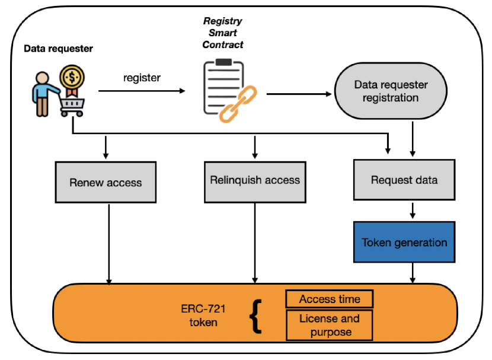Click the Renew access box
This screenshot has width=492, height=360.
tap(106, 182)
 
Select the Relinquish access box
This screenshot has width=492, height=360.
tap(255, 180)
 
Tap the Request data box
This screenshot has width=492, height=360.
tap(404, 179)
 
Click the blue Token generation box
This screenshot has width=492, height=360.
tap(404, 242)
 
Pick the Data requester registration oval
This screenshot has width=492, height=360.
tap(391, 91)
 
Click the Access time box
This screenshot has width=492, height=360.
tap(329, 299)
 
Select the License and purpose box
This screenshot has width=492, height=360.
tap(329, 325)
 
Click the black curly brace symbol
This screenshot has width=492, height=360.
tap(255, 316)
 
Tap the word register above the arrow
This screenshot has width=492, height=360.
tap(142, 78)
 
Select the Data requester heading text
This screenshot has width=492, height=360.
tap(58, 49)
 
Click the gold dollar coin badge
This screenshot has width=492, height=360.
tap(72, 77)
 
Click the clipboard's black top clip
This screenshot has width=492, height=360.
tap(223, 62)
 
